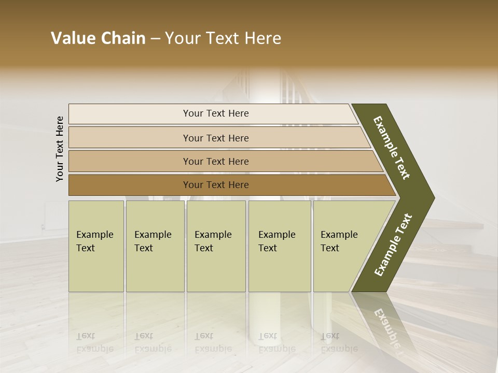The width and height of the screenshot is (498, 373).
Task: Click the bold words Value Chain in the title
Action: coord(98,38)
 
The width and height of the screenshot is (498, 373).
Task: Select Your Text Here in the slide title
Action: coord(223,38)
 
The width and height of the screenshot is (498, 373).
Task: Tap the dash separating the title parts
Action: coord(155,39)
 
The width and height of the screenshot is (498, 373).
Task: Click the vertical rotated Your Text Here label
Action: coord(60,149)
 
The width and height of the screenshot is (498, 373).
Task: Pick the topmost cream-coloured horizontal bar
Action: coord(215,113)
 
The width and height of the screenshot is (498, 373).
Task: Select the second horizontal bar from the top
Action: coord(215,138)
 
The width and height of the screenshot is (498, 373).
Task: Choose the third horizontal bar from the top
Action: coord(215,161)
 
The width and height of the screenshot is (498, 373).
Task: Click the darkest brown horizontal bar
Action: coord(215,185)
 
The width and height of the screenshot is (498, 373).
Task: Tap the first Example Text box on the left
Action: coord(96,246)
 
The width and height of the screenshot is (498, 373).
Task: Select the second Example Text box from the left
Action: coord(155,246)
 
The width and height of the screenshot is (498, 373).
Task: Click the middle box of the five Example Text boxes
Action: coord(216,246)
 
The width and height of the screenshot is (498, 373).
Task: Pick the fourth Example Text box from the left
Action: coord(280,246)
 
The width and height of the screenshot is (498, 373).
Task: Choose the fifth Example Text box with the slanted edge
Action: coord(342,246)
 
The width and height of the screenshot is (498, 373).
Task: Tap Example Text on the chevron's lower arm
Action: coord(393,245)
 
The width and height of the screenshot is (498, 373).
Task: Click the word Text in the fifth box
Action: coord(330,248)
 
